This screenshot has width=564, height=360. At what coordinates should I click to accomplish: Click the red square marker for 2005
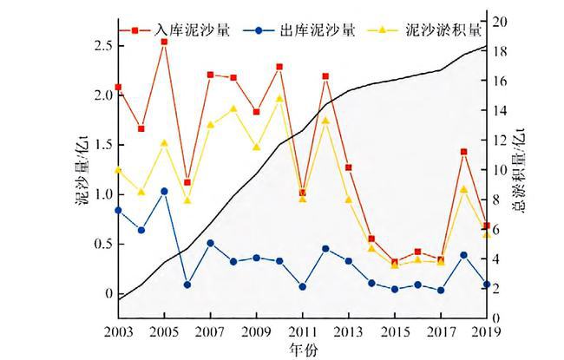tap(164, 42)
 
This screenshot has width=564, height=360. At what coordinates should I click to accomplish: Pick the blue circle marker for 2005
tap(164, 191)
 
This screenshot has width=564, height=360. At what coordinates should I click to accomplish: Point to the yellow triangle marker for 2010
tap(279, 98)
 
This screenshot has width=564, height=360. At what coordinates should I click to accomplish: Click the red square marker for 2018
tap(463, 152)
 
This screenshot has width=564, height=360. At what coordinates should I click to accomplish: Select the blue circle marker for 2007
tap(210, 243)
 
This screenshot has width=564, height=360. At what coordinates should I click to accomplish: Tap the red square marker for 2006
tap(187, 182)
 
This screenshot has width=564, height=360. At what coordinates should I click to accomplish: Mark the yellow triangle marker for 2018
tap(463, 189)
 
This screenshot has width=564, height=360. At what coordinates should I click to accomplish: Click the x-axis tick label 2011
tap(302, 331)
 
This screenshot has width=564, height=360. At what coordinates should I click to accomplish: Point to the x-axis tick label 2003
tap(118, 331)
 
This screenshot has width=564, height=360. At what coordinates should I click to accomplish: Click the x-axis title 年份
tap(301, 348)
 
